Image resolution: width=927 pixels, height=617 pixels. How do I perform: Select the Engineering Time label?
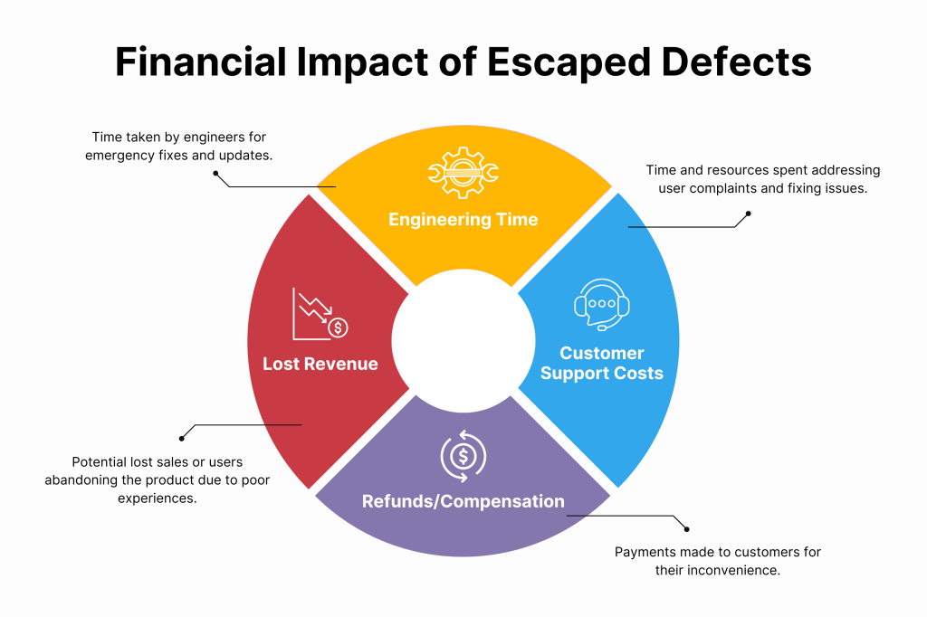click(463, 220)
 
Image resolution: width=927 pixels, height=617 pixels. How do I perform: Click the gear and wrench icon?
click(463, 172)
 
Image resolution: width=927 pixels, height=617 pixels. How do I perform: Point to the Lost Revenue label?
click(320, 364)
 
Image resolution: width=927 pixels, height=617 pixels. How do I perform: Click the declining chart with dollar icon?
click(319, 313)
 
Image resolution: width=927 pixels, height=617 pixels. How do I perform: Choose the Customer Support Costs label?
click(602, 363)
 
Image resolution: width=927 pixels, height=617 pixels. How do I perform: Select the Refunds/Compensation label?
click(463, 501)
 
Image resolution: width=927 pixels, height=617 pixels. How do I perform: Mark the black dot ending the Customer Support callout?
click(748, 214)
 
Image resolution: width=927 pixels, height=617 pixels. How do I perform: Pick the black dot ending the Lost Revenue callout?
click(182, 437)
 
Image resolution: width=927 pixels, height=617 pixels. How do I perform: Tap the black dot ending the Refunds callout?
click(687, 529)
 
